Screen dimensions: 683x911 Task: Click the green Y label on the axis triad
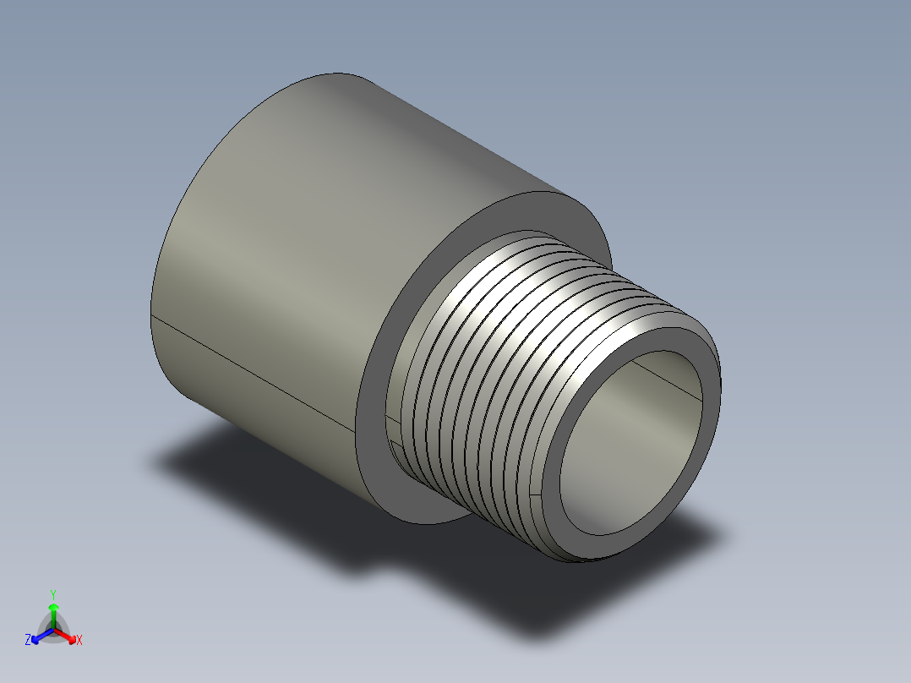[52, 594]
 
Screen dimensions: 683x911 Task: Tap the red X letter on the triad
[79, 641]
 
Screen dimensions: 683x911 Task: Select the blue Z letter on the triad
[28, 641]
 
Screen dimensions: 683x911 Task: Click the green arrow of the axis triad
[52, 610]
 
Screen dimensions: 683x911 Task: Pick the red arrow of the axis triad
[68, 635]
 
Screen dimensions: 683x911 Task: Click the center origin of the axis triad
[53, 630]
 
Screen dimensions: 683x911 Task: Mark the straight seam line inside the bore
[668, 377]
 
